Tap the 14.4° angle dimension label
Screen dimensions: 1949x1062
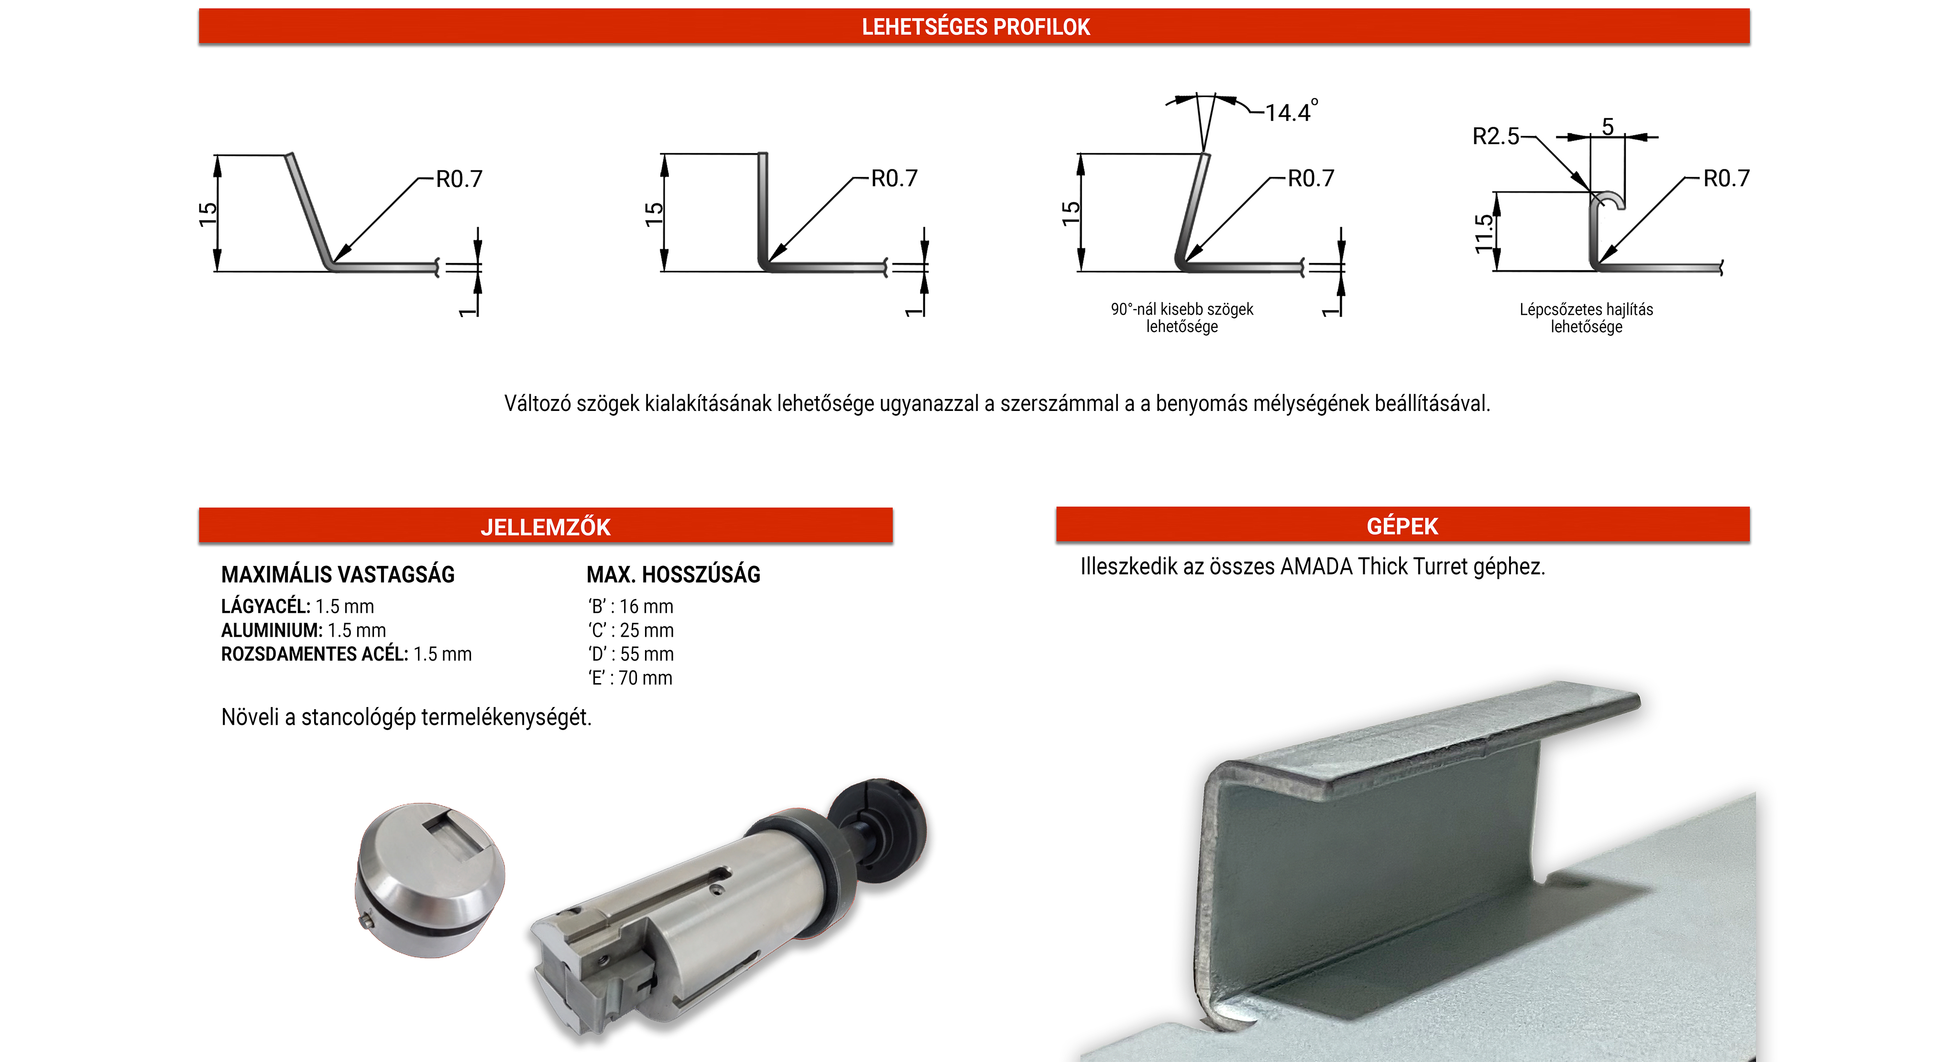[x=1292, y=111]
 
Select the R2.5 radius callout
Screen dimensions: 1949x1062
[x=1495, y=136]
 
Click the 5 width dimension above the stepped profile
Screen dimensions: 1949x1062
[x=1608, y=126]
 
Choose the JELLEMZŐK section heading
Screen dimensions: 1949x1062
[x=546, y=527]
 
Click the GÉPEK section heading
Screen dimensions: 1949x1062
[x=1402, y=526]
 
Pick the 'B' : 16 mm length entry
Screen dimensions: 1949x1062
[x=630, y=606]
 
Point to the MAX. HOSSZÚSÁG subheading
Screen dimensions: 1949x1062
[x=673, y=575]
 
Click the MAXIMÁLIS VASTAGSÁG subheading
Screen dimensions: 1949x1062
[x=338, y=575]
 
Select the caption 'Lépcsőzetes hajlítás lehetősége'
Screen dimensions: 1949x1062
[x=1586, y=318]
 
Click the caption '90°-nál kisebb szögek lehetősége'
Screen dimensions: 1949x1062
[x=1182, y=318]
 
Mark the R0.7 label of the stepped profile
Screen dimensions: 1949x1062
[x=1726, y=178]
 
